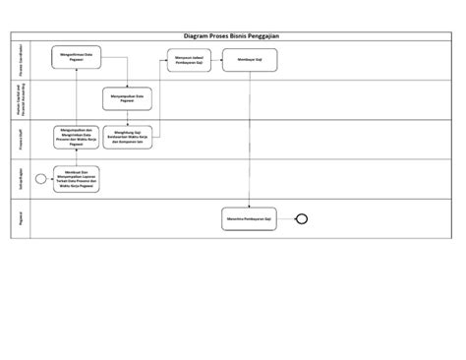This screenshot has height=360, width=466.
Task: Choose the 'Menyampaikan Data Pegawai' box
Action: (129, 99)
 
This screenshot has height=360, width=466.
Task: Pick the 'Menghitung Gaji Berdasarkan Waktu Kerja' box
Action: (129, 139)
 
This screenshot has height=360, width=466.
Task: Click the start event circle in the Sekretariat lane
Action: (40, 179)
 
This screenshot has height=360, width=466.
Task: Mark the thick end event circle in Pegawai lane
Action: (303, 218)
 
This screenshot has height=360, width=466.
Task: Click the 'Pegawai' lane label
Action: (21, 218)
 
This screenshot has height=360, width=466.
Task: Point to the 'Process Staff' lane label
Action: (21, 139)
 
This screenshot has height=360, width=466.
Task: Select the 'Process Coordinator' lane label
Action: (21, 61)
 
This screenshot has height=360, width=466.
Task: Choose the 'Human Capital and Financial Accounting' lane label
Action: (21, 99)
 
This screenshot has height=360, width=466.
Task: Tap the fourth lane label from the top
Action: (21, 179)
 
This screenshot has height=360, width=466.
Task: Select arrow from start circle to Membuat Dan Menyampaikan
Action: (49, 179)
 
